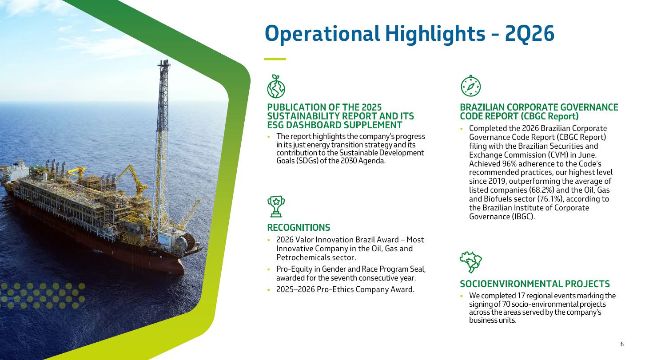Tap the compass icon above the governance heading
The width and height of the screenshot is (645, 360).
click(x=471, y=86)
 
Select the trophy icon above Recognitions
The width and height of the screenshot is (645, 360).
click(x=276, y=206)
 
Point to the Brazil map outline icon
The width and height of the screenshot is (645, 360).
click(x=471, y=262)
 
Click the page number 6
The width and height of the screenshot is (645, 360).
click(x=622, y=344)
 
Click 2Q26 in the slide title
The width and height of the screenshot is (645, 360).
click(x=529, y=34)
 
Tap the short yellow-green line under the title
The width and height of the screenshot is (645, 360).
click(x=275, y=59)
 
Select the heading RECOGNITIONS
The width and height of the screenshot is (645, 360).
click(x=299, y=228)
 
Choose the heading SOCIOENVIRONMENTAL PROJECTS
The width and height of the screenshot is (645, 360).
click(x=535, y=284)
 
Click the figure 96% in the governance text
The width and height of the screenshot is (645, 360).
click(x=510, y=164)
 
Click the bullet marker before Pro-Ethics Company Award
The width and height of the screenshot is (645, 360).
click(x=269, y=290)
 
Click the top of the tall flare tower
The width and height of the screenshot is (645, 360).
click(x=163, y=62)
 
